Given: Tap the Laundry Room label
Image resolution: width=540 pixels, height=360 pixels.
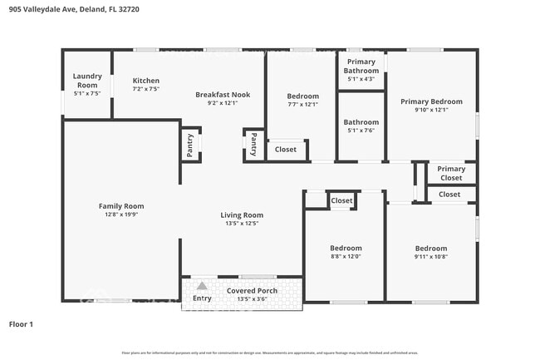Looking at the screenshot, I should pos(86,81).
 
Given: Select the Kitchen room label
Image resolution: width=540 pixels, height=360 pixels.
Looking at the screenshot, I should pos(145,81).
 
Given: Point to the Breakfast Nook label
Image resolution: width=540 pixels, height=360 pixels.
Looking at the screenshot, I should pos(222,95).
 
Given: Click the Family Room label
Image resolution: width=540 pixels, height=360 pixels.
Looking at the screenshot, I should pos(121,206).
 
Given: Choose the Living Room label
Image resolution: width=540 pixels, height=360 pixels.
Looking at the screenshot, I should pos(242,215).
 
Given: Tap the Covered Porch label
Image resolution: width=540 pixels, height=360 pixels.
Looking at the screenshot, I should pos(252,290).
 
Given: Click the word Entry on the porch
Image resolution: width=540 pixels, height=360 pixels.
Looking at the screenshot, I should pos(202,298).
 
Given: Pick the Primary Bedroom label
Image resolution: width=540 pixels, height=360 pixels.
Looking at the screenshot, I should pos(431,101).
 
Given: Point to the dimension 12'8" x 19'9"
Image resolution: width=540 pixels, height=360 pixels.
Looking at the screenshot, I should pos(121,215).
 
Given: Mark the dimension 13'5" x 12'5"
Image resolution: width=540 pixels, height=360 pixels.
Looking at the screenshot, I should pos(242,223).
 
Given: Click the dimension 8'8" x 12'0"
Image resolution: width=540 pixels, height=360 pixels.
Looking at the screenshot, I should pos(346,256).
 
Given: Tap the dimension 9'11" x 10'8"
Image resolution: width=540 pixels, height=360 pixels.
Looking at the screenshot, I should pos(430,256).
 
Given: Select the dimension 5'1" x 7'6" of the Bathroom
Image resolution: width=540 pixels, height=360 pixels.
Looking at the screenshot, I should pos(361,130).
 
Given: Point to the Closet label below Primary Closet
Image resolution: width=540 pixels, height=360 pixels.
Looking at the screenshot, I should pos(449,195).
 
